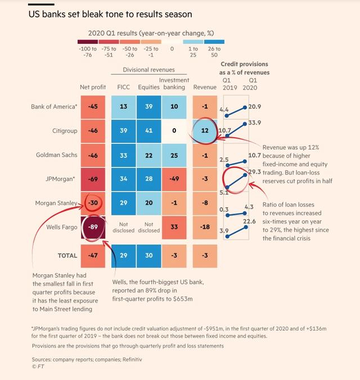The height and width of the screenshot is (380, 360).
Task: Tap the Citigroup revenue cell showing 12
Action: point(205,131)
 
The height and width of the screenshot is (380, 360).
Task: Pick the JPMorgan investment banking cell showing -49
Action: point(174,179)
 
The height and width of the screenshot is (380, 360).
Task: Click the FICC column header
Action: point(123,87)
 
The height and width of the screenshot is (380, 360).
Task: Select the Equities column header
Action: point(148,87)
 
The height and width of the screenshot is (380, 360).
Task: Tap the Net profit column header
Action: point(92,87)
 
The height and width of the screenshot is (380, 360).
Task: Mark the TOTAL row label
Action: point(67,255)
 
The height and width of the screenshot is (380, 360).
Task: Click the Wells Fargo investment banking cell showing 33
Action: point(174,227)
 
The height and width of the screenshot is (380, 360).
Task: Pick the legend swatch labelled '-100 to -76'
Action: point(89,42)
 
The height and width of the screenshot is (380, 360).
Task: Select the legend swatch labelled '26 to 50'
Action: point(214,42)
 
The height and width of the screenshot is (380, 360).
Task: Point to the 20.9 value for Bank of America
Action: point(255,107)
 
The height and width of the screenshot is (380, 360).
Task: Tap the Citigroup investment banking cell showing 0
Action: point(174,131)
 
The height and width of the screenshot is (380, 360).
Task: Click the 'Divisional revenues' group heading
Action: point(148,70)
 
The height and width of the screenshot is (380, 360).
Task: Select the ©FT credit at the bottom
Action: point(38,367)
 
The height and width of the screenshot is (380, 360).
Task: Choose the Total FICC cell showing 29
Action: point(123,255)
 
